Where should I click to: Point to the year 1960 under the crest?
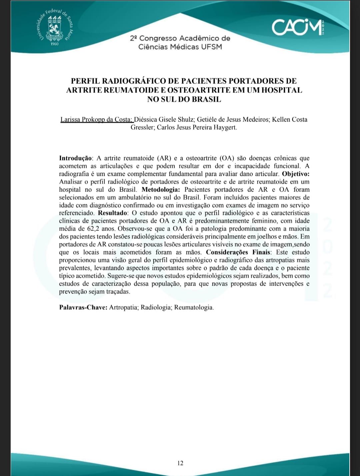[54, 44]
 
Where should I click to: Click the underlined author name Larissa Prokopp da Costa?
[96, 119]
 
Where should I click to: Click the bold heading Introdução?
[75, 158]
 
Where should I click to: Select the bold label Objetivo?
[296, 174]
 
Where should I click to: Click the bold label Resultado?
[113, 213]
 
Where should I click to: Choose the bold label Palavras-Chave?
[83, 308]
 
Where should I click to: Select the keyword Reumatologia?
[194, 308]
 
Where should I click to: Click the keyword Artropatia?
[124, 308]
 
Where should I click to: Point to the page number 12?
[180, 463]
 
